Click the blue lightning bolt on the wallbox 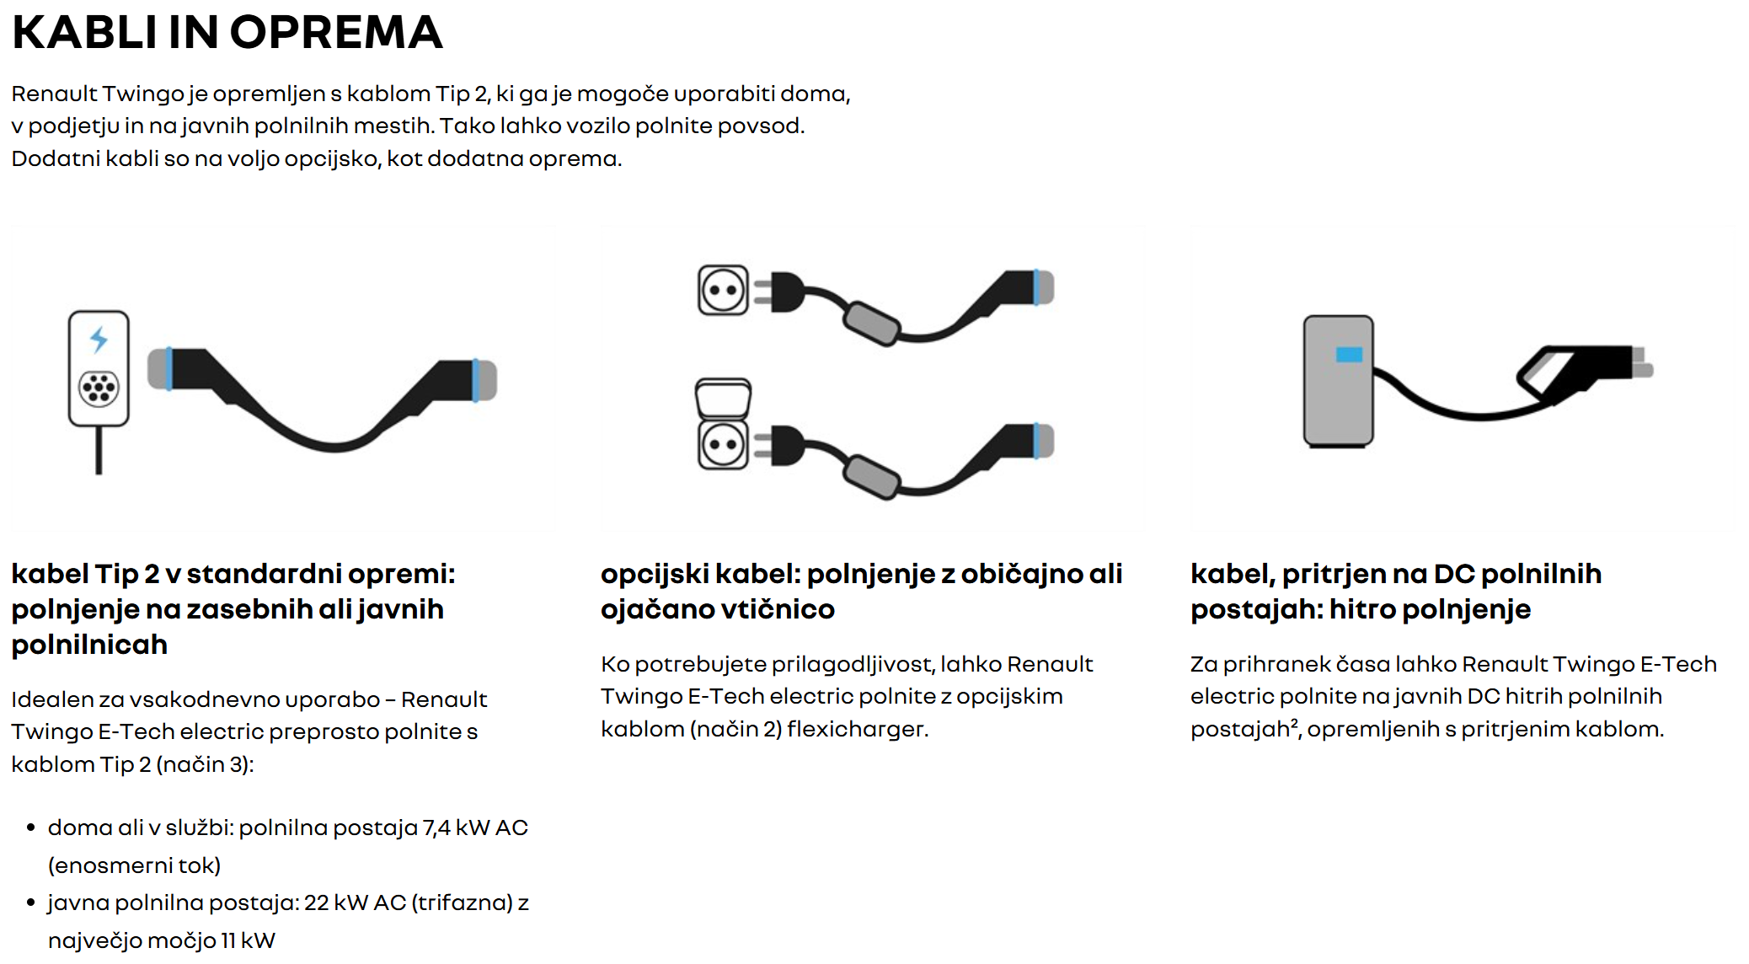[x=99, y=339]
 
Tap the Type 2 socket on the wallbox [x=99, y=388]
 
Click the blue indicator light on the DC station [x=1349, y=355]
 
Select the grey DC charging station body [x=1338, y=381]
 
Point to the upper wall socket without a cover [x=723, y=290]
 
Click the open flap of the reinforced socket [x=723, y=398]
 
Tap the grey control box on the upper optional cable [x=872, y=323]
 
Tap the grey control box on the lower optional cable [x=872, y=476]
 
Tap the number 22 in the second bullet [x=316, y=903]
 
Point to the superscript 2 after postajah [x=1294, y=723]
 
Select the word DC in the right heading [x=1454, y=574]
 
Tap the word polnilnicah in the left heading [x=89, y=645]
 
